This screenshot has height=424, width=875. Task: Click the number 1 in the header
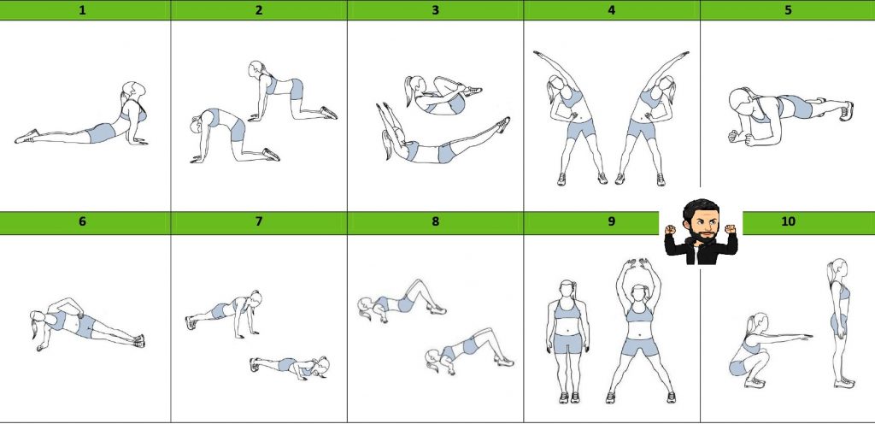pyautogui.click(x=83, y=10)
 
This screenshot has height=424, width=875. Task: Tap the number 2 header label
pyautogui.click(x=258, y=10)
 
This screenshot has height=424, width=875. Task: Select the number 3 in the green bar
pyautogui.click(x=435, y=10)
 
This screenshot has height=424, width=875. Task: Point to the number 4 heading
pyautogui.click(x=612, y=10)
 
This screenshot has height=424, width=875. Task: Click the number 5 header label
pyautogui.click(x=788, y=10)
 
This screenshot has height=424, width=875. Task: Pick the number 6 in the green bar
pyautogui.click(x=83, y=221)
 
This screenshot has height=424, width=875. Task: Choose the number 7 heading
pyautogui.click(x=258, y=221)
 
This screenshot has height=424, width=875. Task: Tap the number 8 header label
pyautogui.click(x=435, y=221)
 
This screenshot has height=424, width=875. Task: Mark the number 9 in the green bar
pyautogui.click(x=612, y=221)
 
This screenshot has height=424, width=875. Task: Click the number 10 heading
pyautogui.click(x=788, y=221)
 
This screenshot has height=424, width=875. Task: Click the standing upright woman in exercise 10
pyautogui.click(x=841, y=324)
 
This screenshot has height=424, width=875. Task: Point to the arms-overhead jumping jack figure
pyautogui.click(x=641, y=330)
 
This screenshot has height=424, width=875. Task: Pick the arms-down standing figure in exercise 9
pyautogui.click(x=568, y=341)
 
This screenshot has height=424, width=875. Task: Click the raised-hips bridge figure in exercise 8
pyautogui.click(x=470, y=351)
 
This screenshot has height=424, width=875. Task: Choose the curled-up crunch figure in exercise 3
pyautogui.click(x=442, y=95)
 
